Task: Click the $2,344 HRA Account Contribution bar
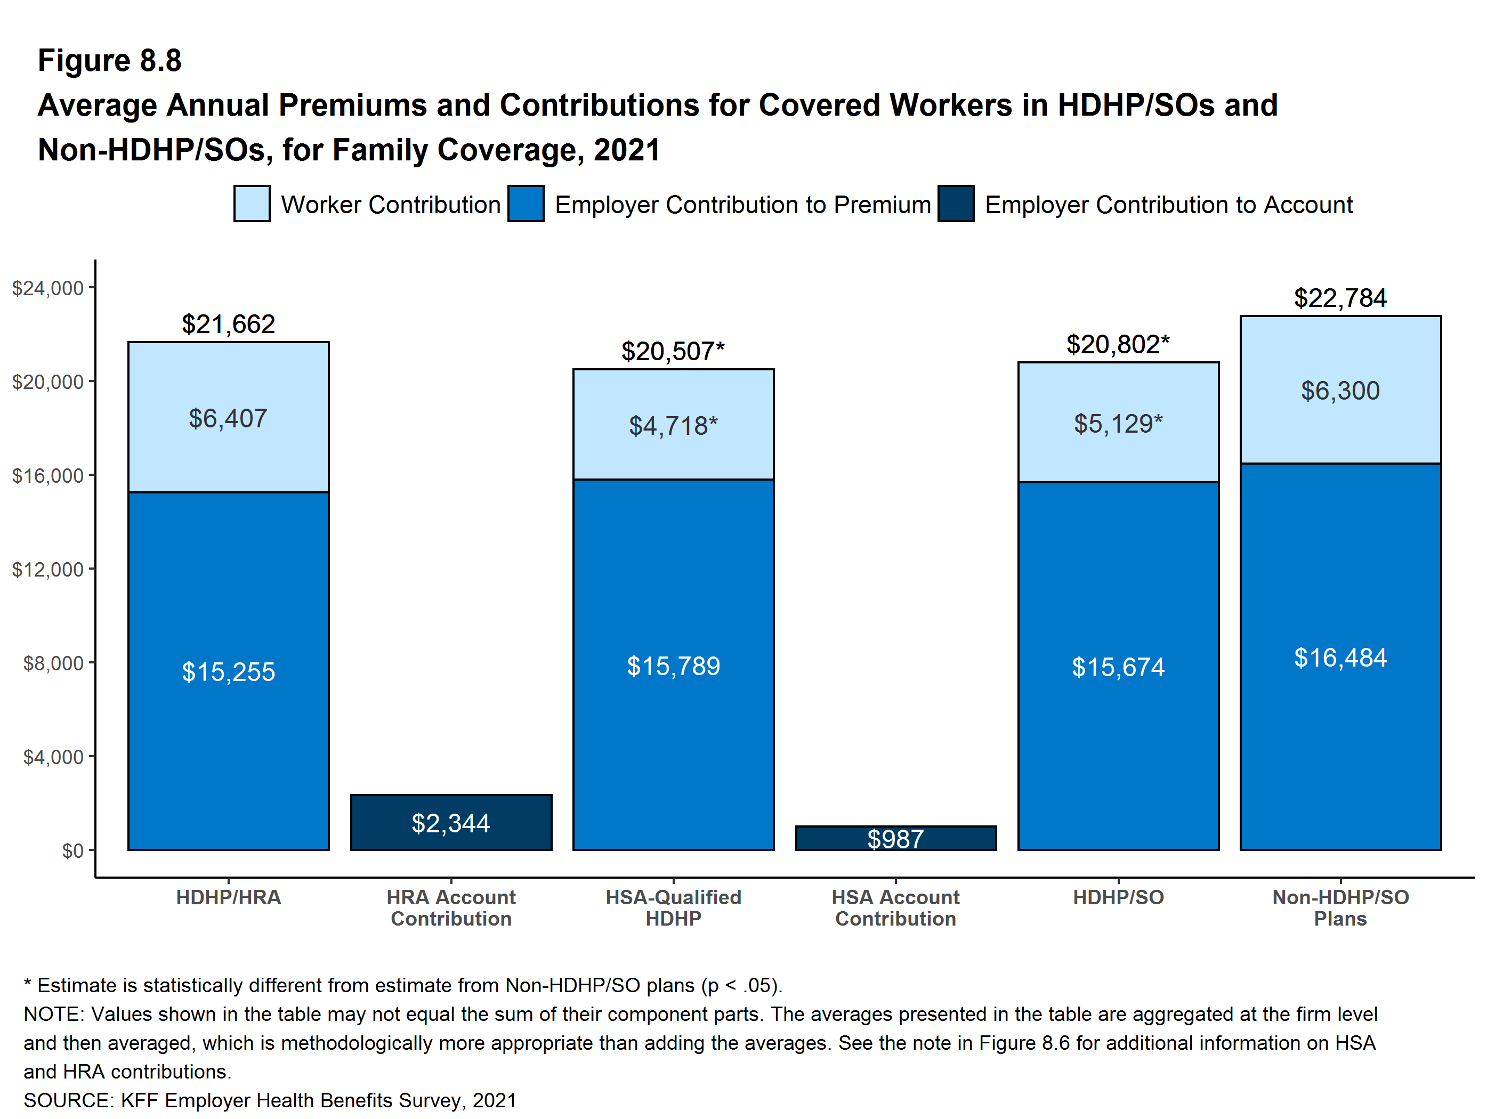pos(450,822)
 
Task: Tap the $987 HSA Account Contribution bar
pos(895,838)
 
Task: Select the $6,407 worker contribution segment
pos(228,417)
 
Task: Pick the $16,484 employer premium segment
pos(1340,656)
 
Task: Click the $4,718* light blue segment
pos(673,425)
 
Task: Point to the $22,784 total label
pos(1340,298)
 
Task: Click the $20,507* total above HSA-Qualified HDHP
pos(673,351)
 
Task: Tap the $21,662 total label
pos(228,324)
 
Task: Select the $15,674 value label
pos(1118,667)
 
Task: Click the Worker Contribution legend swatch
pos(252,204)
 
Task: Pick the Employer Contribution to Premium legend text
pos(742,204)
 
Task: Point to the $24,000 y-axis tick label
pos(48,288)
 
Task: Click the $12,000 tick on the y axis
pos(48,569)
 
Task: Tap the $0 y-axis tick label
pos(72,851)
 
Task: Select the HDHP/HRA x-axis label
pos(228,897)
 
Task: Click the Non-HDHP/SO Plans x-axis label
pos(1340,907)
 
